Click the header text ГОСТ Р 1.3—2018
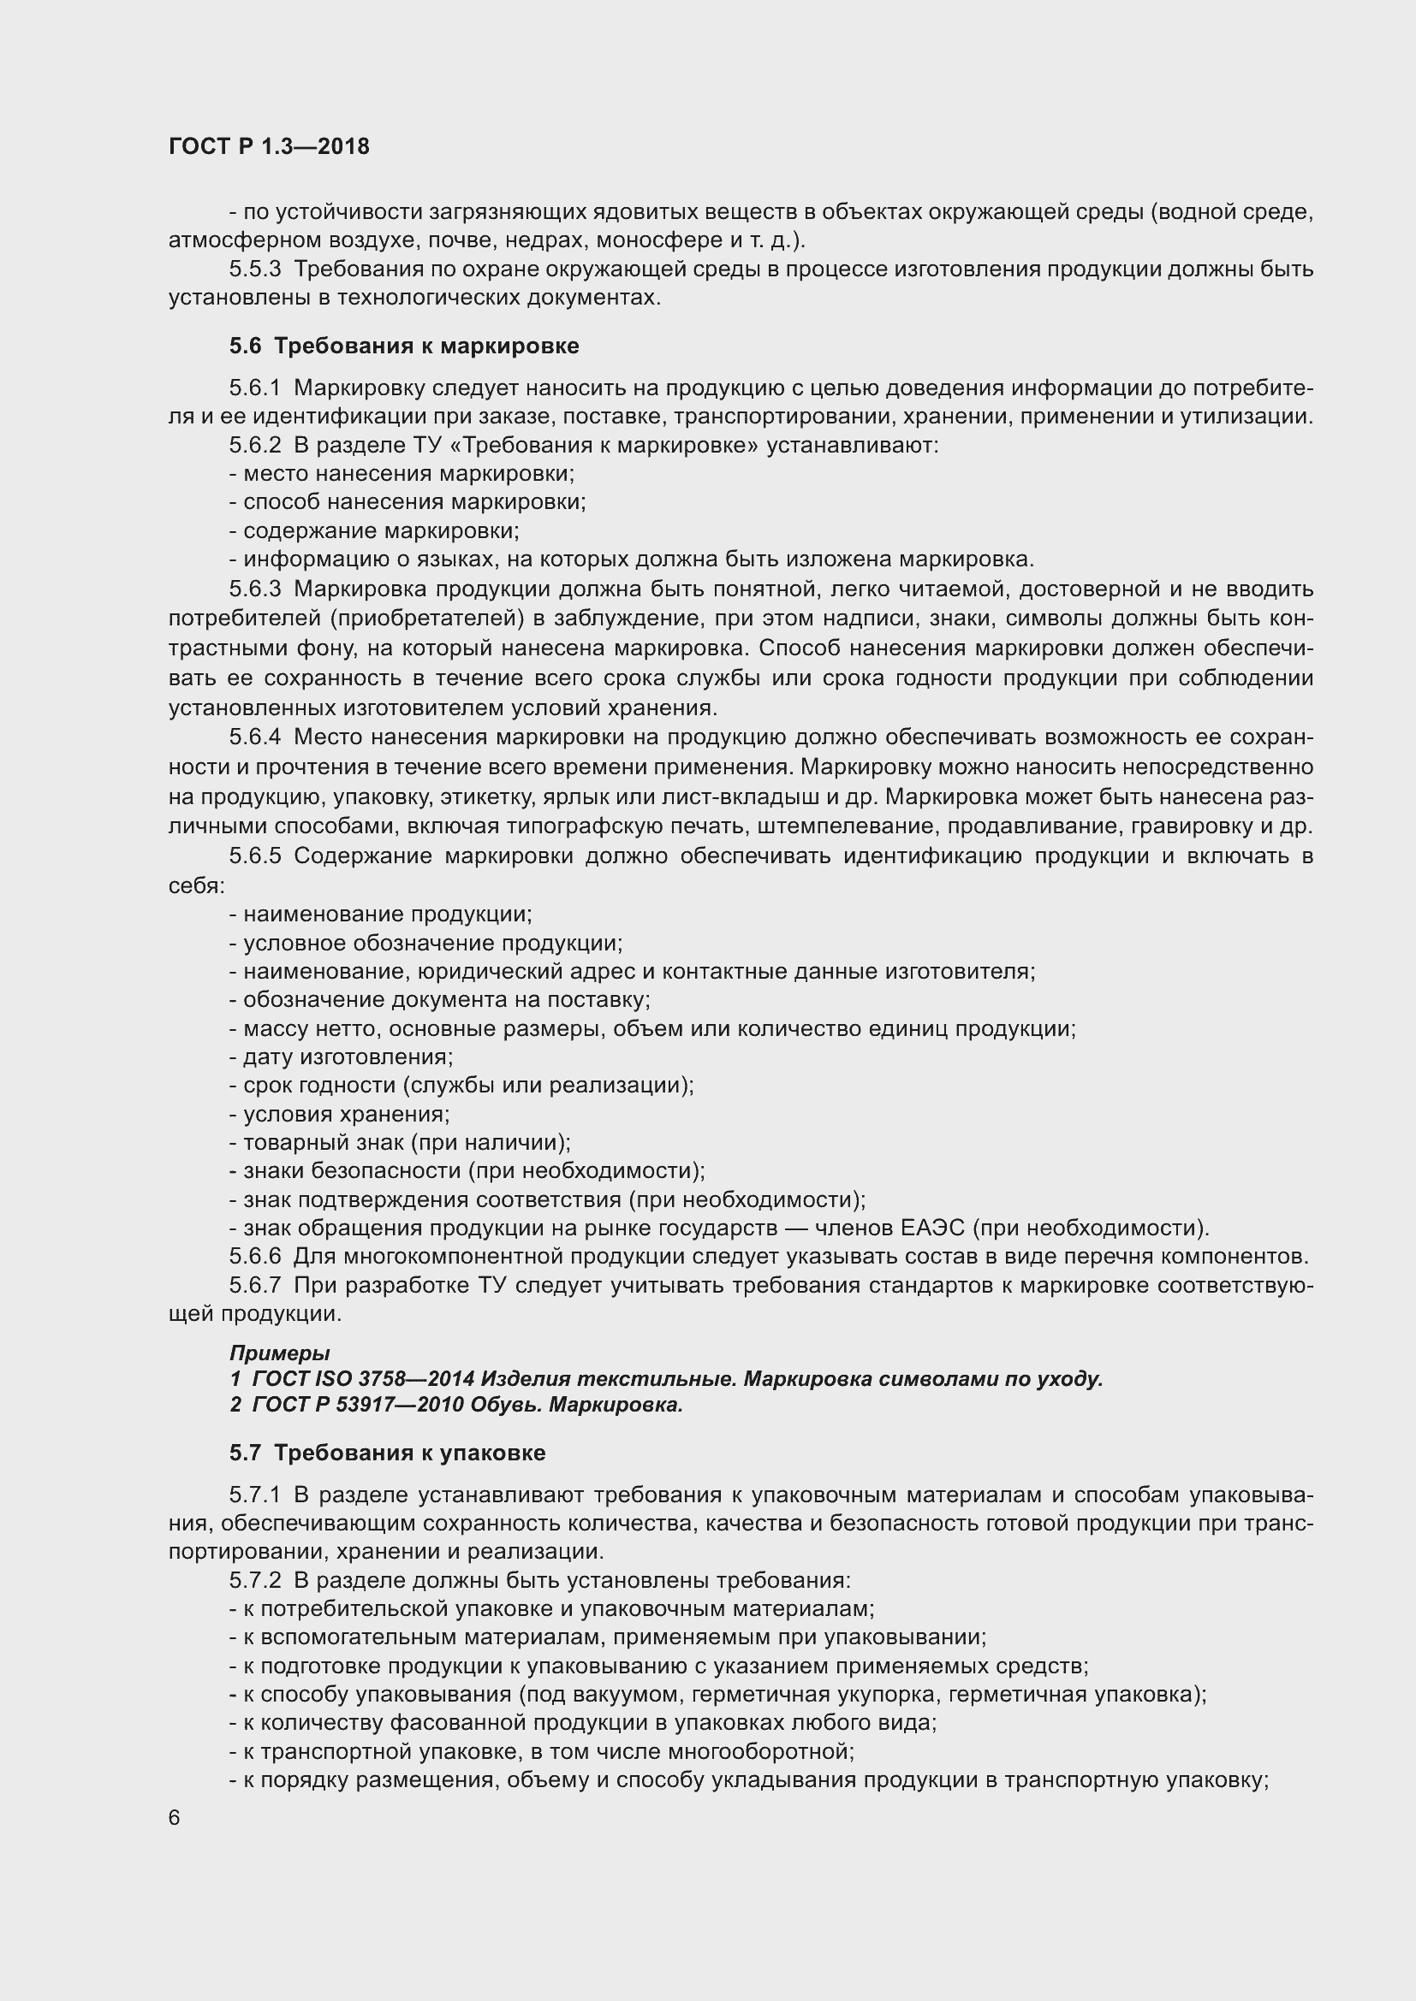tap(269, 146)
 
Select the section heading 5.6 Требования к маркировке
tap(404, 346)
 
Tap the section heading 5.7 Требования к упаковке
tap(387, 1453)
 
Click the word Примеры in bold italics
tap(279, 1353)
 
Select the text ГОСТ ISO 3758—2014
tap(361, 1380)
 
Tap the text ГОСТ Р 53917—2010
tap(358, 1405)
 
